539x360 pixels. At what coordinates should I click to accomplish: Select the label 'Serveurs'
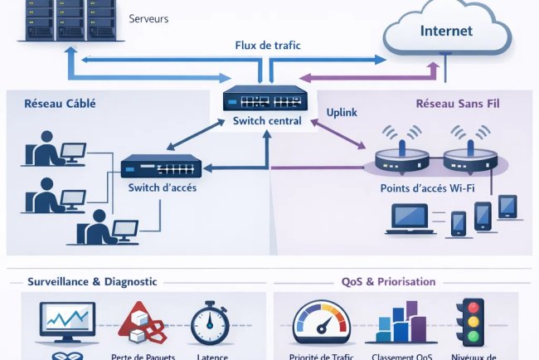[x=149, y=17]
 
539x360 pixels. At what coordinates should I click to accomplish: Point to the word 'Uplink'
[x=342, y=111]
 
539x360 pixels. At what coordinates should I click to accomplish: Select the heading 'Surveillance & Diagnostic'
[x=93, y=281]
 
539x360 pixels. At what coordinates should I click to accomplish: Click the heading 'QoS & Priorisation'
[x=389, y=281]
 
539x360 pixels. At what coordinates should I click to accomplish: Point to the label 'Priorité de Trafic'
[x=322, y=356]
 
